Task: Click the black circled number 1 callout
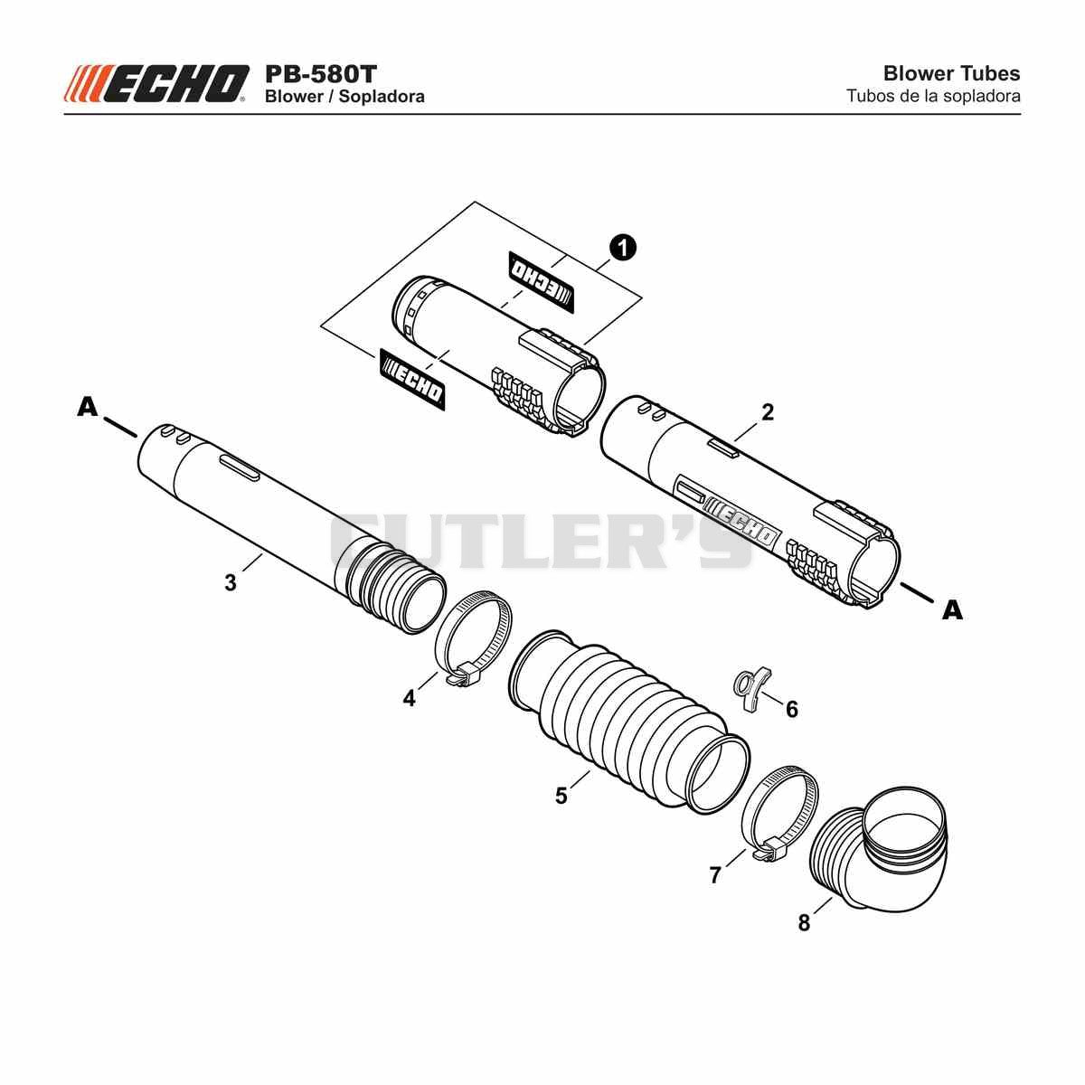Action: point(623,249)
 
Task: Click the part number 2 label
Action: point(768,412)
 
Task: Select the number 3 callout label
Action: point(231,583)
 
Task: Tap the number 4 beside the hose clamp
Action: point(410,698)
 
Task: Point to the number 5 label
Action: point(561,797)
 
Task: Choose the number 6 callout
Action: point(792,710)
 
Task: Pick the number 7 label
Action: point(715,875)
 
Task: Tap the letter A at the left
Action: point(88,407)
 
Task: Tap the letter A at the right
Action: point(953,610)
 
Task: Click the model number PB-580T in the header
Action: point(320,74)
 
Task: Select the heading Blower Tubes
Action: point(951,73)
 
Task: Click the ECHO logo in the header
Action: point(156,83)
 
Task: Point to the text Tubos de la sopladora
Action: point(933,96)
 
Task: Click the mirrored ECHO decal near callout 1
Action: point(541,281)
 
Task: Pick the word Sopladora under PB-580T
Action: point(382,96)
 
